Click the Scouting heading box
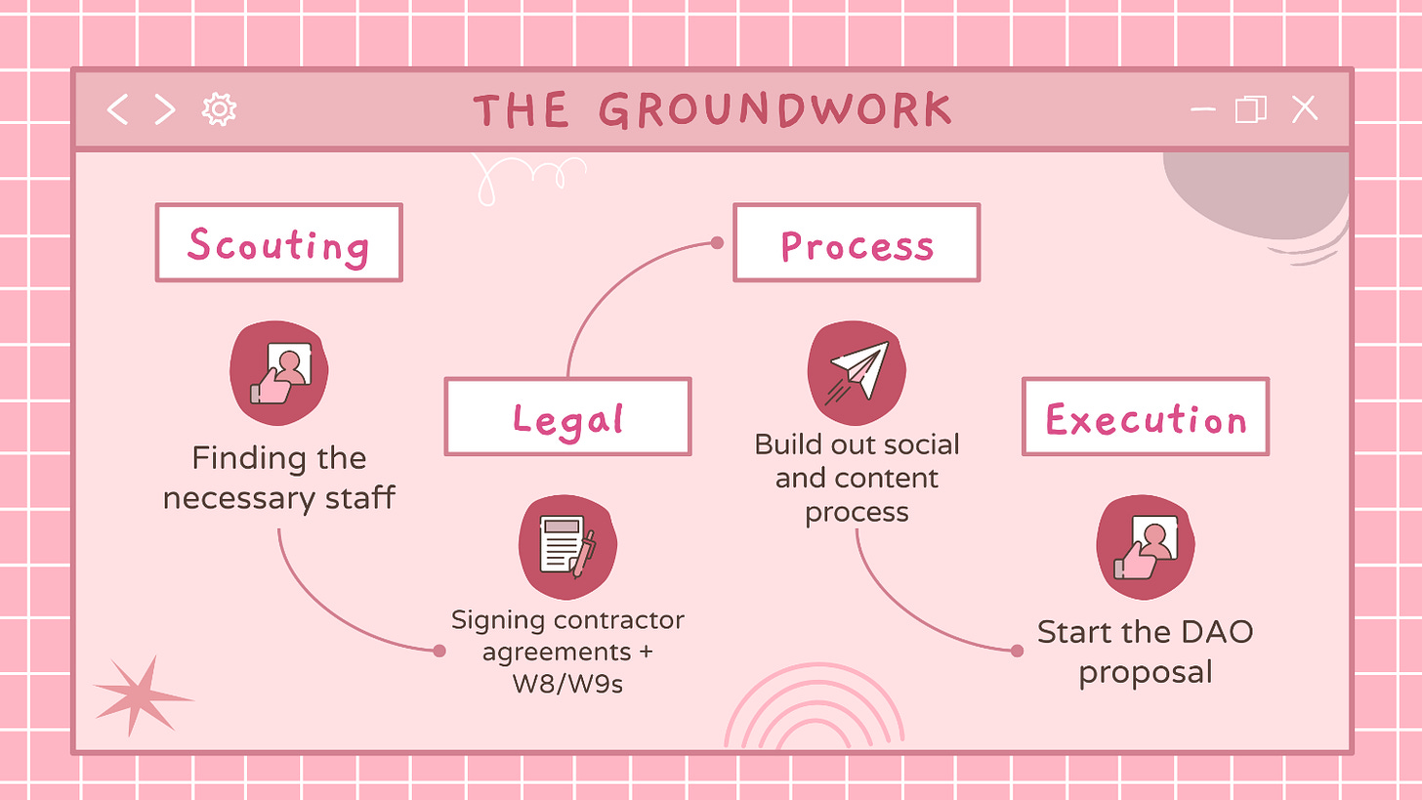coord(278,243)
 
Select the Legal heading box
coord(567,417)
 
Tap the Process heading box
coord(857,243)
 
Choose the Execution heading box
coord(1146,417)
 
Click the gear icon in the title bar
coord(219,109)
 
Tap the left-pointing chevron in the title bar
coord(117,109)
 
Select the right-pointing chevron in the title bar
coord(165,109)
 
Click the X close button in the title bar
coord(1305,109)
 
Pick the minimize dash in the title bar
coord(1203,109)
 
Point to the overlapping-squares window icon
coord(1251,109)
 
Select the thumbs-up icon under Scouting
coord(279,373)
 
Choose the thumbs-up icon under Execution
coord(1146,547)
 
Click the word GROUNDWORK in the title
coord(774,110)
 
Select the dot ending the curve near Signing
coord(439,651)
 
